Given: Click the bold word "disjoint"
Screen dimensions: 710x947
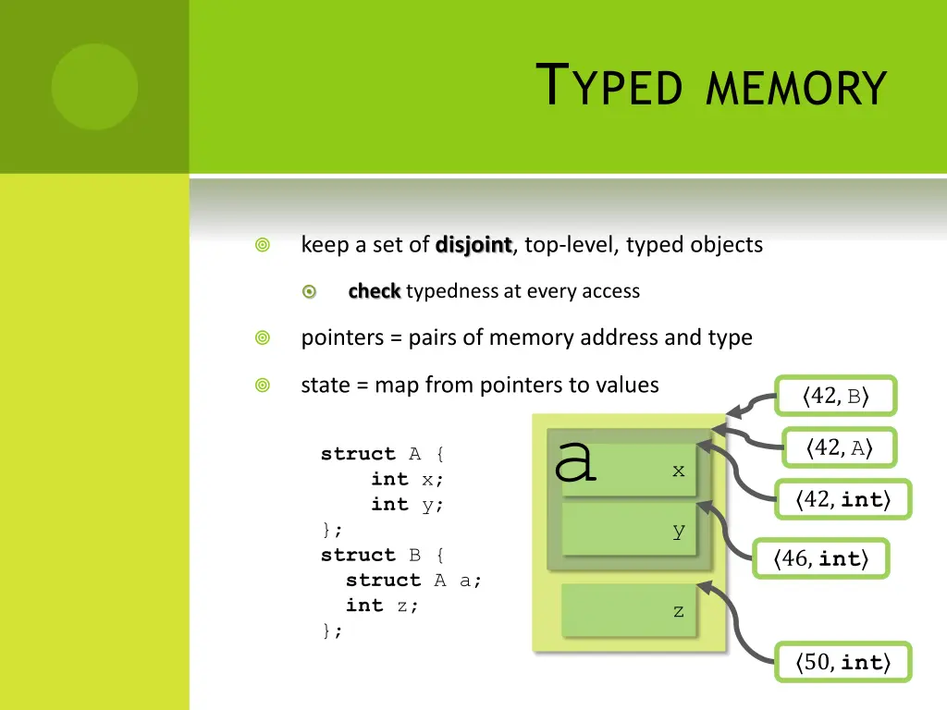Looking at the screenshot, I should click(x=473, y=245).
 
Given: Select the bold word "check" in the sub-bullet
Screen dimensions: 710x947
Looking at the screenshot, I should click(x=374, y=291).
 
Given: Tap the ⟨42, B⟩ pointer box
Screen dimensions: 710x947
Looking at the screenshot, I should click(x=836, y=398).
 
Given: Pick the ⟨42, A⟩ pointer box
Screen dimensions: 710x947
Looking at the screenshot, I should click(x=839, y=448).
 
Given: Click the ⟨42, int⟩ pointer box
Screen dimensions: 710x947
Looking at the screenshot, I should click(x=842, y=500).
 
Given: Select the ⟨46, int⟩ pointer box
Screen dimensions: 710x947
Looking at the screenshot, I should click(x=820, y=558).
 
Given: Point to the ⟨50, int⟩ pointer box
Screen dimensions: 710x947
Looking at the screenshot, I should click(x=842, y=662).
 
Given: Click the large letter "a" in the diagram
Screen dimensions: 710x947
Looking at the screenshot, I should click(x=575, y=459).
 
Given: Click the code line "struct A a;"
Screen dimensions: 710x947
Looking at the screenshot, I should click(x=413, y=581).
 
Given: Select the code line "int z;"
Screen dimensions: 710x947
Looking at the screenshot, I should click(x=382, y=606).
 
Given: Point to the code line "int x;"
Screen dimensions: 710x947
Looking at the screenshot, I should click(x=407, y=479).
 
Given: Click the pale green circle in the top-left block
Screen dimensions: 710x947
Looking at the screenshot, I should click(x=94, y=87).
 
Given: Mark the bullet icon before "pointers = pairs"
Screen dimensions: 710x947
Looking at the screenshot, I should click(x=263, y=338).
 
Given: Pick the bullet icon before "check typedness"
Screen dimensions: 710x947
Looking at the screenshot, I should click(x=310, y=292).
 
